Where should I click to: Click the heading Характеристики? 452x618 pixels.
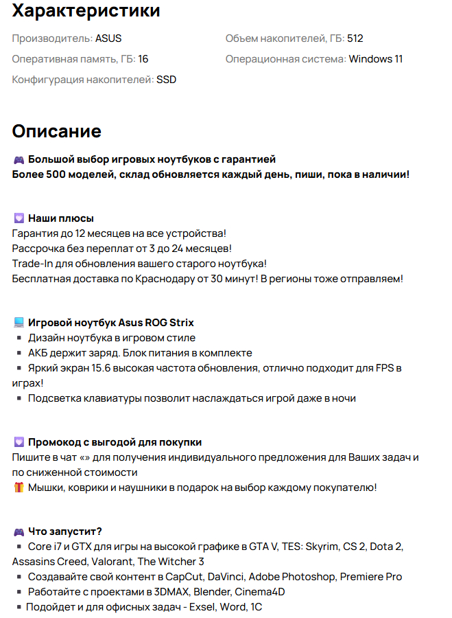click(x=86, y=11)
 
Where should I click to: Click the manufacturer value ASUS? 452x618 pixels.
click(x=108, y=38)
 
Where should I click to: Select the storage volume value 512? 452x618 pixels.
click(x=355, y=38)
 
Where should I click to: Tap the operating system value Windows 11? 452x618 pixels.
click(x=375, y=59)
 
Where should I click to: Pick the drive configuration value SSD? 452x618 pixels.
click(x=166, y=80)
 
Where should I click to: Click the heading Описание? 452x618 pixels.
click(x=57, y=131)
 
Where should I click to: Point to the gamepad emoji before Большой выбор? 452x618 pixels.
click(x=19, y=159)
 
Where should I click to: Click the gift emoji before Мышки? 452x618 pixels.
click(x=19, y=488)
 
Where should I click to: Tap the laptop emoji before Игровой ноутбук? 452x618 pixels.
click(x=19, y=323)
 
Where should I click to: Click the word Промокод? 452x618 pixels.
click(x=55, y=442)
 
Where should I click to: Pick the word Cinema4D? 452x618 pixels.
click(x=261, y=592)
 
